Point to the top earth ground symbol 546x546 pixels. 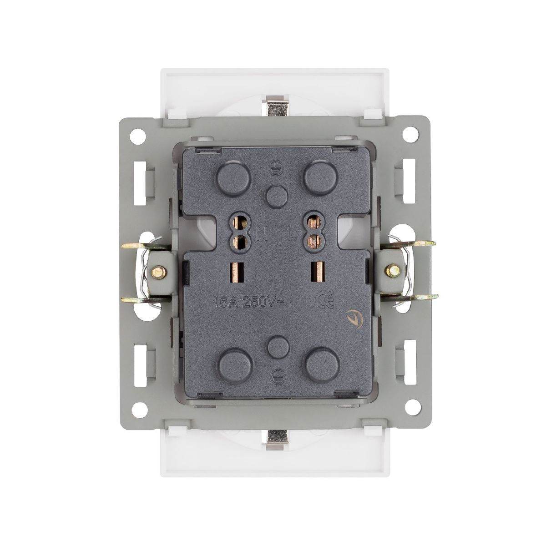point(274,167)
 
